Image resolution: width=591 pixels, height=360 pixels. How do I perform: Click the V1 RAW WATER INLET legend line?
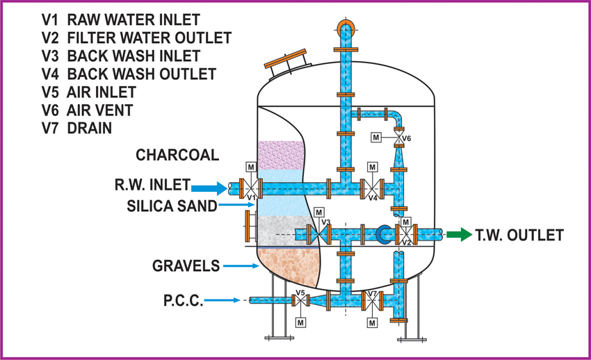[120, 19]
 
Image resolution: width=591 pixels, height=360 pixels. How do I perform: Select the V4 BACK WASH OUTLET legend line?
[129, 74]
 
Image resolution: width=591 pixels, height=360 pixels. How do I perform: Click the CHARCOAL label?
[177, 154]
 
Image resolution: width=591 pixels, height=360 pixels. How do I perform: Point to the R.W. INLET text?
[152, 186]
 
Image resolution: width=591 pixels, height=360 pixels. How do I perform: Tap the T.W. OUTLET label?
[519, 236]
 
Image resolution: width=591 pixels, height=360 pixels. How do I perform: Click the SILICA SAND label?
[172, 206]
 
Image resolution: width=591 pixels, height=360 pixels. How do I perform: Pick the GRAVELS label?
[186, 265]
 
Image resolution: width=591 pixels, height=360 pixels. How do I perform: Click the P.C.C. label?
[184, 300]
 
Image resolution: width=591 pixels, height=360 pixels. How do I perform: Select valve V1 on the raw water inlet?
[250, 188]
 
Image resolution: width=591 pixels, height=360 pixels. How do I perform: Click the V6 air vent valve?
[398, 139]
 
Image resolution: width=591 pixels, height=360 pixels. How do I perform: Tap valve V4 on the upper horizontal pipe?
[372, 188]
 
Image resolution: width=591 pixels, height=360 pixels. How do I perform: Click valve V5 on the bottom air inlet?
[300, 300]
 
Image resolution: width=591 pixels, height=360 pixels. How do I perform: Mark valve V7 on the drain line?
[373, 300]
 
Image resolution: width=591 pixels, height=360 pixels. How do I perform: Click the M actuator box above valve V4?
[372, 167]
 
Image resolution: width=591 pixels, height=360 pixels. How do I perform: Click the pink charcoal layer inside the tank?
[281, 154]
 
